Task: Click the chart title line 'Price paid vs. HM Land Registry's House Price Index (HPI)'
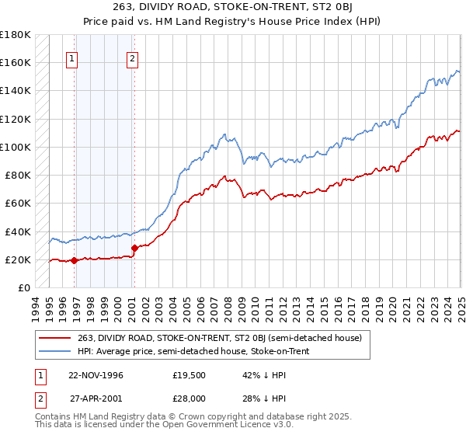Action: (233, 21)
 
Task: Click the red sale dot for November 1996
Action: (75, 261)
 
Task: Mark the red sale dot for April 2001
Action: (134, 249)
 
